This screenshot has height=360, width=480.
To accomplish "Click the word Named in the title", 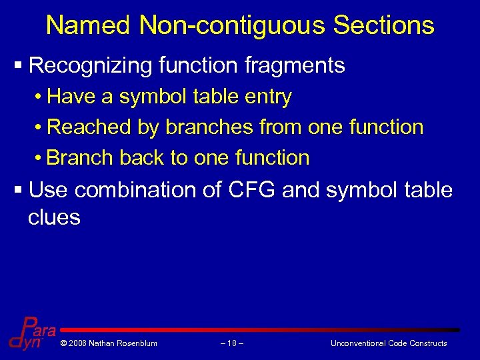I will pyautogui.click(x=89, y=25).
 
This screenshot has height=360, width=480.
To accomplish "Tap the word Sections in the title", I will pyautogui.click(x=384, y=25).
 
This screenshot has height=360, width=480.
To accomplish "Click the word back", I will pyautogui.click(x=143, y=158).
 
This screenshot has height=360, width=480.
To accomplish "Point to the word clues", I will pyautogui.click(x=54, y=217).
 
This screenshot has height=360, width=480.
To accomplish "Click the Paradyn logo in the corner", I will pyautogui.click(x=30, y=333).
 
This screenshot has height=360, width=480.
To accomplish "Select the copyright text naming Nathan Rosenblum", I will pyautogui.click(x=109, y=343).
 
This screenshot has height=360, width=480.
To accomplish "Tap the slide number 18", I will pyautogui.click(x=231, y=343).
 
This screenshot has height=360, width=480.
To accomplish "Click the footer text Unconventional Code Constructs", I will pyautogui.click(x=389, y=343).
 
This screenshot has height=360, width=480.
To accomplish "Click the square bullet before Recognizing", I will pyautogui.click(x=18, y=66).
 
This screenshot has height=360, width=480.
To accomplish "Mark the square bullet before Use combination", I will pyautogui.click(x=18, y=191).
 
